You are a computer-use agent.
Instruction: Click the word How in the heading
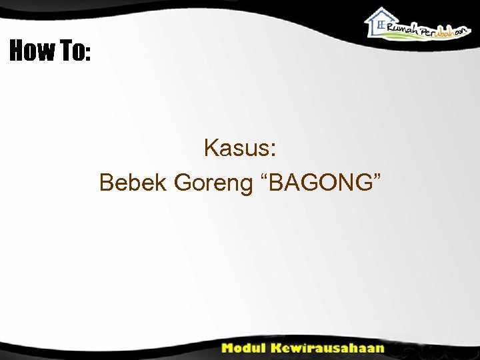(x=30, y=51)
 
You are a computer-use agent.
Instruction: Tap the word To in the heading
(x=70, y=51)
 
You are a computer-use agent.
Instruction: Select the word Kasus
(x=235, y=147)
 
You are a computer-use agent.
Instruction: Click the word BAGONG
(x=319, y=181)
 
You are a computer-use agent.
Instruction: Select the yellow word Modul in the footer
(x=244, y=348)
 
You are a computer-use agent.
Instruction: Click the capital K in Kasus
(x=211, y=147)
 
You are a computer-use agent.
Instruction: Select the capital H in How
(x=17, y=51)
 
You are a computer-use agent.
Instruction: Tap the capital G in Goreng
(x=183, y=181)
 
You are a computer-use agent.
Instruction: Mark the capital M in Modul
(x=229, y=348)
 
